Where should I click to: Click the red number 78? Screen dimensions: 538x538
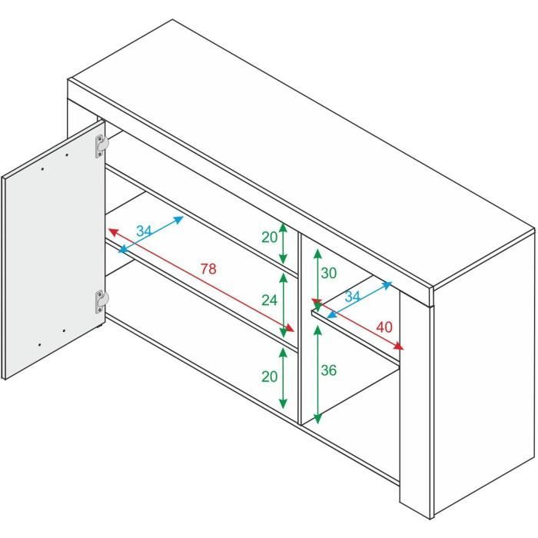[x=208, y=269]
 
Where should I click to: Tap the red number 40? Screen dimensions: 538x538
[x=384, y=327]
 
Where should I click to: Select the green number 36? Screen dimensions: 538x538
[x=328, y=370]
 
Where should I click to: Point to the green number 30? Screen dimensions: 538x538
[x=328, y=273]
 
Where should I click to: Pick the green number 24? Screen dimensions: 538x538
[x=269, y=301]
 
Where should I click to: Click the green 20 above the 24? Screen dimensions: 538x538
[x=269, y=237]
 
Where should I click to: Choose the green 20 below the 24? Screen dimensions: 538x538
[x=269, y=376]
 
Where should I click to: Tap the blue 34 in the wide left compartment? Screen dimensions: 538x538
[x=144, y=231]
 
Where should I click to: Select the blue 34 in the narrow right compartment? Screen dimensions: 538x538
[x=352, y=297]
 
